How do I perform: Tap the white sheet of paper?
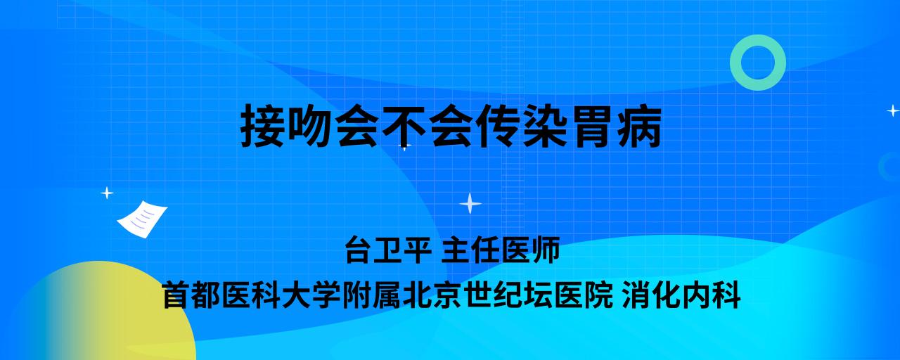[142, 219]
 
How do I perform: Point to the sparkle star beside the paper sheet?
[107, 193]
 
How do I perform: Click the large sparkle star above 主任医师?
[470, 203]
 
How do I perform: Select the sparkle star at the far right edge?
[892, 110]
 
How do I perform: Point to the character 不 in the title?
[404, 125]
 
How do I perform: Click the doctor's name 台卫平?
[388, 250]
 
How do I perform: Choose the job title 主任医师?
[501, 250]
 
